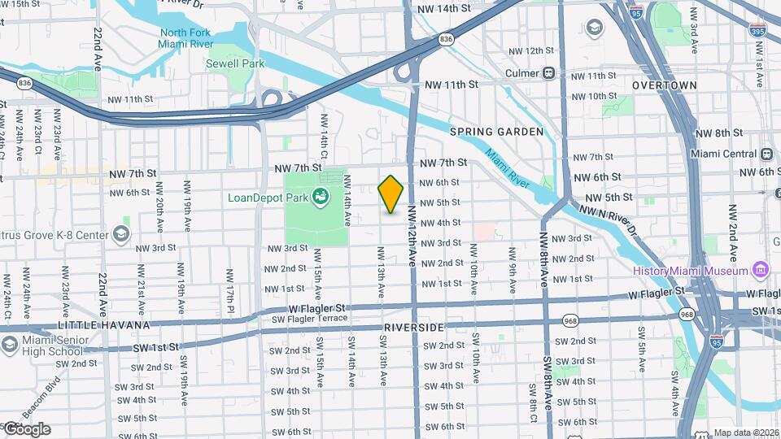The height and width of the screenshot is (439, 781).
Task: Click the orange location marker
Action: coord(391,193)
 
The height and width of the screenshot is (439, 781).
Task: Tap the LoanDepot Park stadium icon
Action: coord(321,196)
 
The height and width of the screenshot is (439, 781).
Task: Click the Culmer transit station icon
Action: coord(549,73)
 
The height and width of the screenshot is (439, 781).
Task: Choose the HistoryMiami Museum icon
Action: coord(761,269)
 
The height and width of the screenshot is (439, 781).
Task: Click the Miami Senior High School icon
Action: coord(10,343)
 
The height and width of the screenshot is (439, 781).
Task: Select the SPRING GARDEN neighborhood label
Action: coord(496,132)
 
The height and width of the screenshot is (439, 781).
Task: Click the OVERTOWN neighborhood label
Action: coord(665,85)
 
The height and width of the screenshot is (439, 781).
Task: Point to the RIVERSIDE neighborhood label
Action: coord(413,327)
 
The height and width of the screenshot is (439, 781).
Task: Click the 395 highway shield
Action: coord(757,31)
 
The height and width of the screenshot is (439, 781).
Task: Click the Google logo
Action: coord(28,429)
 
